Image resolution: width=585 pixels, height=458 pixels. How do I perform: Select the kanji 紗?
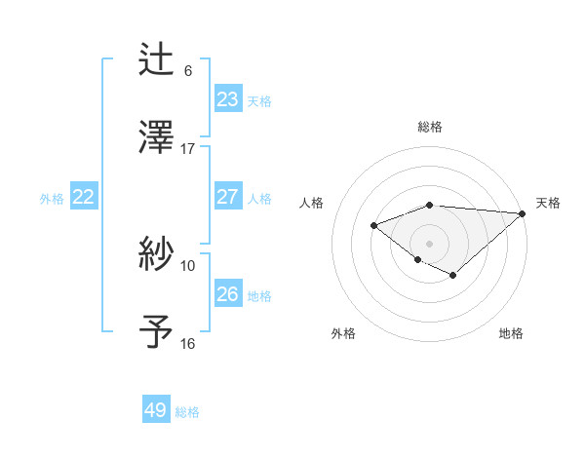click(157, 255)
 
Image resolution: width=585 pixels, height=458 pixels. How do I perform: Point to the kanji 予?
click(157, 331)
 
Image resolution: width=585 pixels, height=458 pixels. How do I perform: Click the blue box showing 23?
click(227, 99)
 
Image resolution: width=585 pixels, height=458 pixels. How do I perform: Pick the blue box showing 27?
click(227, 197)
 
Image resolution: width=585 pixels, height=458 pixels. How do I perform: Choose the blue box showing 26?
click(227, 294)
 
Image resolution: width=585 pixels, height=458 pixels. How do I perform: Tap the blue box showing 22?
click(84, 197)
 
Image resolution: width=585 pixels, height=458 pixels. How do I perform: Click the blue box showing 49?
click(156, 410)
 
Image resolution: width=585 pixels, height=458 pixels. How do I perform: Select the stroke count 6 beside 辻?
click(188, 70)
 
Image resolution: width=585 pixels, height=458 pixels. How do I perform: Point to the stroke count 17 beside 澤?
click(187, 148)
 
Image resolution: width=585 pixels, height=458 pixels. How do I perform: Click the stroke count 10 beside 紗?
click(187, 265)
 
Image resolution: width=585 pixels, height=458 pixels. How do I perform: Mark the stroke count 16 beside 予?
click(187, 343)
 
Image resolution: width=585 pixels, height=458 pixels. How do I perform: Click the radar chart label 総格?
click(430, 127)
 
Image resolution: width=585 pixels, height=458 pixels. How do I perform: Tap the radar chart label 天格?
click(548, 203)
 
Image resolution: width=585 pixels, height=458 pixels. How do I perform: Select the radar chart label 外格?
click(343, 333)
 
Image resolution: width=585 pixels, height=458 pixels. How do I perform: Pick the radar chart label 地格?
click(511, 333)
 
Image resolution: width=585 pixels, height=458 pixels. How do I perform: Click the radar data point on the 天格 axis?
click(523, 213)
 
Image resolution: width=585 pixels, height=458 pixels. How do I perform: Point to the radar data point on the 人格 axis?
click(373, 226)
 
